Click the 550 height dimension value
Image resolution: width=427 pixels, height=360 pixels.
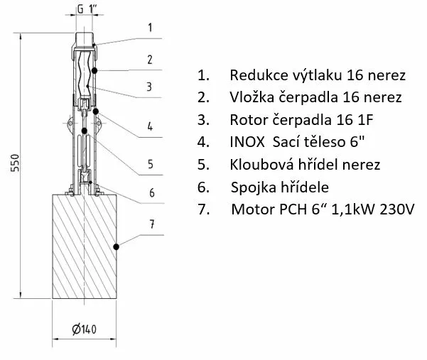(x=16, y=163)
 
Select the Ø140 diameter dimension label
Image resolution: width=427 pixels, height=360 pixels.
(x=84, y=329)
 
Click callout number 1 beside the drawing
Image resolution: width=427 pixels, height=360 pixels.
(x=150, y=28)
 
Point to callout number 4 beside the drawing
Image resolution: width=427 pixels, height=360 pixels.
(x=150, y=126)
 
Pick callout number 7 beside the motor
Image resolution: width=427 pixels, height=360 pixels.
(x=152, y=224)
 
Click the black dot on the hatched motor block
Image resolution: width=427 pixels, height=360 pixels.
(x=117, y=247)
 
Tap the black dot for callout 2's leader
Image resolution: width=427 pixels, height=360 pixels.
(x=94, y=71)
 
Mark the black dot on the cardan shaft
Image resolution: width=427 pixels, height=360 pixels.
(x=85, y=131)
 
